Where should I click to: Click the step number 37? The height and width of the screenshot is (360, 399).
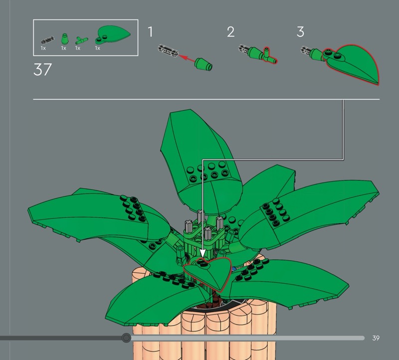pos(42,69)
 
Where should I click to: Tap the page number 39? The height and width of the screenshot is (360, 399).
pos(376,338)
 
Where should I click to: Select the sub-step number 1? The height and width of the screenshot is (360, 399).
pos(151,32)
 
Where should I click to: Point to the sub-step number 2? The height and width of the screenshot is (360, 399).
pos(230,32)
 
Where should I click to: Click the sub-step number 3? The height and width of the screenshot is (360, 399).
pos(300,32)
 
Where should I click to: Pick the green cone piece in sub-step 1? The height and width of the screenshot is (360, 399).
pos(203,64)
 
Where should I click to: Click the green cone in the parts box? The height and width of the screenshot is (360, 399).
pos(65,39)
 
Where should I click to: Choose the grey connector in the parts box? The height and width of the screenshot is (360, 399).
pos(47,40)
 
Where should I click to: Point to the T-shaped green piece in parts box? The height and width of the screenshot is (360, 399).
pos(81,40)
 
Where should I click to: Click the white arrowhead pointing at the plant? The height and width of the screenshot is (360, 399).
pos(202,253)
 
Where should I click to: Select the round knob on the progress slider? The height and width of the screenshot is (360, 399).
pos(126,338)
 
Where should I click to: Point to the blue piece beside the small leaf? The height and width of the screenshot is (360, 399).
pos(234,269)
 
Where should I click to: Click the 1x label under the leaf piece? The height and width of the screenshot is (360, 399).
pos(97,48)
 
